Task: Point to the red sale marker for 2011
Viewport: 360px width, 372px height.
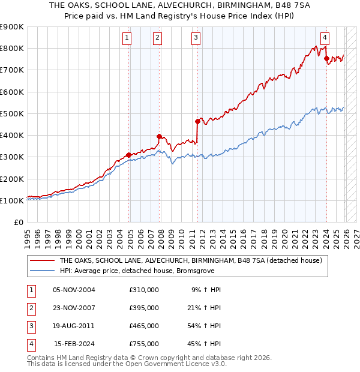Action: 197,121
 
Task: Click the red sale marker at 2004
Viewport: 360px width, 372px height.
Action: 129,155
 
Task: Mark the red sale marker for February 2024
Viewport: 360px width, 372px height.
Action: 326,58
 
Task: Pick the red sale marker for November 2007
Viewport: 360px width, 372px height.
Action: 160,136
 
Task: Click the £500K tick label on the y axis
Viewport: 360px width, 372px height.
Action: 12,113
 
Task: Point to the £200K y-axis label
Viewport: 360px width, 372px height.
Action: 12,179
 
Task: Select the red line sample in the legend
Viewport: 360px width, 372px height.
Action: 42,260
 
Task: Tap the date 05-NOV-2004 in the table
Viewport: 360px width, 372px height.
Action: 74,290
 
